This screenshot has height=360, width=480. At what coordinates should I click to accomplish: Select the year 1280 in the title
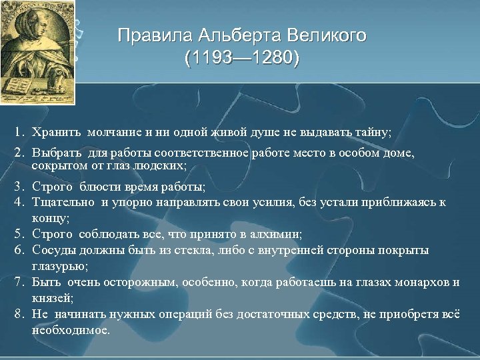[273, 59]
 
